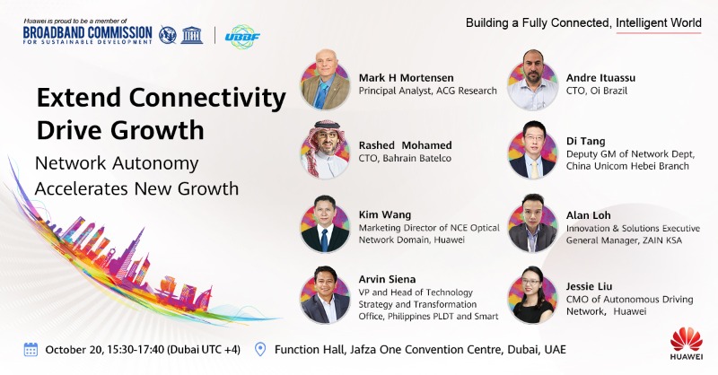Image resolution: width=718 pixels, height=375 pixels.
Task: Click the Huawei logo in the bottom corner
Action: click(x=687, y=345)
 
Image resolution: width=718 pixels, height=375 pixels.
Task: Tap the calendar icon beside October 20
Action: click(x=31, y=350)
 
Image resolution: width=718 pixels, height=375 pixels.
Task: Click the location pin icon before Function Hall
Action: click(x=260, y=350)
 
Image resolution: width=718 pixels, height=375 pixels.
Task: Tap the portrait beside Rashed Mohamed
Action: click(x=325, y=149)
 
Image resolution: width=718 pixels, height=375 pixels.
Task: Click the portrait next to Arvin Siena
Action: click(x=325, y=294)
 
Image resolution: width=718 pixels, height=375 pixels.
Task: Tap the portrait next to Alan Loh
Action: click(x=533, y=223)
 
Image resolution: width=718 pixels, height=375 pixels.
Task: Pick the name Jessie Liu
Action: click(x=591, y=285)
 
